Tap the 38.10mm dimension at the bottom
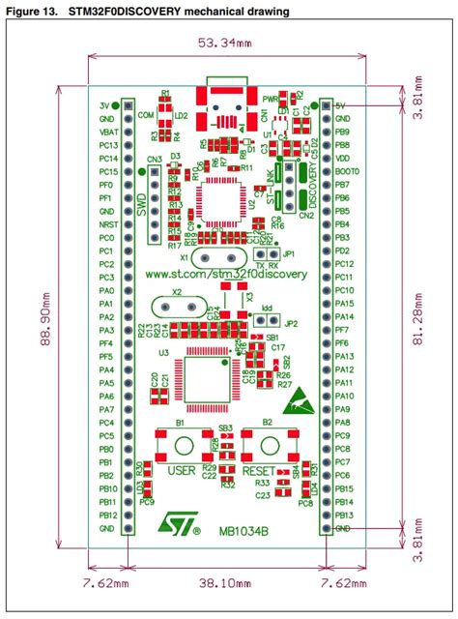[x=228, y=583]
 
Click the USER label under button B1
[x=182, y=470]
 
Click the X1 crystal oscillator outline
[x=213, y=258]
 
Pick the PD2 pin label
[x=342, y=250]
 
